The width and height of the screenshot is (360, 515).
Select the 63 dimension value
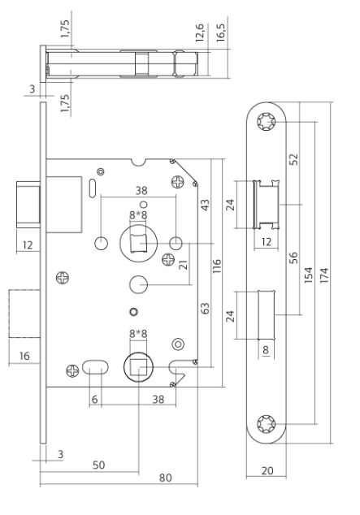(205, 309)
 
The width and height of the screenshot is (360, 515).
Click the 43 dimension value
(205, 206)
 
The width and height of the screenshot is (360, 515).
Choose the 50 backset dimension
(98, 464)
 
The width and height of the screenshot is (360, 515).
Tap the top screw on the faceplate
(266, 123)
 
